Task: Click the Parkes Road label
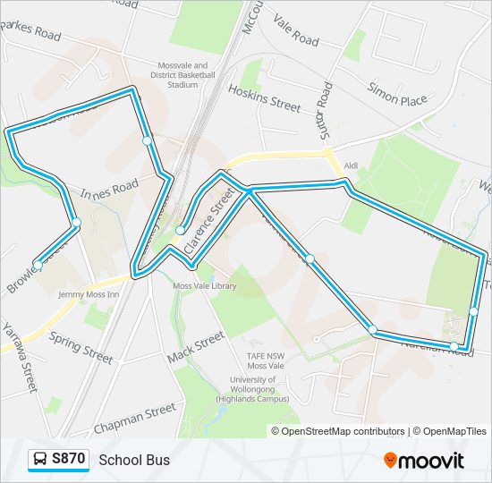click(31, 30)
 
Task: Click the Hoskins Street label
click(264, 97)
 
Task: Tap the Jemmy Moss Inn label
click(89, 294)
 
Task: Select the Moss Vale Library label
click(205, 286)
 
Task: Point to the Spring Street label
click(81, 347)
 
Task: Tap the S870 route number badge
click(68, 460)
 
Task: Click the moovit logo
click(424, 461)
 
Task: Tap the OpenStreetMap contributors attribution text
click(342, 431)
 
